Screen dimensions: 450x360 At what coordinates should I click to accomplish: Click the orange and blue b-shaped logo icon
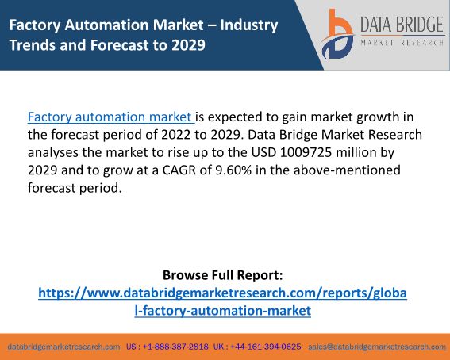point(337,34)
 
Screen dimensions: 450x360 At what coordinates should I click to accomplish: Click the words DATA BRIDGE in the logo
point(402,25)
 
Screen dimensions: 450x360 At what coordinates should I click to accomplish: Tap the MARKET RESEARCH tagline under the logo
point(402,43)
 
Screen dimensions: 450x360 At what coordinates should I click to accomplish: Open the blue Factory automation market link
point(111,117)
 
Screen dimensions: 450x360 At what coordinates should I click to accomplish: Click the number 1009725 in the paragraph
point(306,152)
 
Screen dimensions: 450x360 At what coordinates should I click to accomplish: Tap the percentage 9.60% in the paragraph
point(233,170)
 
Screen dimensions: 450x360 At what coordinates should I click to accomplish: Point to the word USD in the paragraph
point(263,152)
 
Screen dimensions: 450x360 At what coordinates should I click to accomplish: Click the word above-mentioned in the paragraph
point(347,170)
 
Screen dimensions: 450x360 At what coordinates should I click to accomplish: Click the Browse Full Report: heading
point(223,275)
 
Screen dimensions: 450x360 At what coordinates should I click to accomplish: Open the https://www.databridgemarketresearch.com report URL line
point(222,293)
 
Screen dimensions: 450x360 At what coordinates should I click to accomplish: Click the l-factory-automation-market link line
point(223,310)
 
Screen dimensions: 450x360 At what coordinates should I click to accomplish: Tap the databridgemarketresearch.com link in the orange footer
point(63,347)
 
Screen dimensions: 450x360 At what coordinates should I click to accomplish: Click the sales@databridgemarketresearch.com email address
point(377,347)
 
